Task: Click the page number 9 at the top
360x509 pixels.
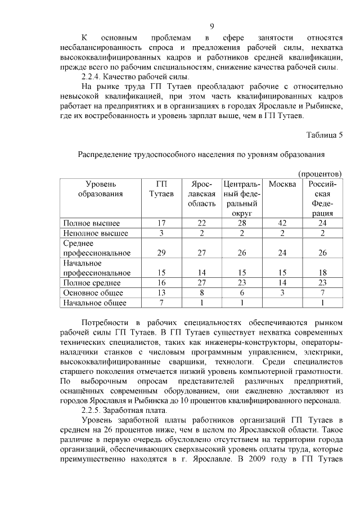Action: point(211,26)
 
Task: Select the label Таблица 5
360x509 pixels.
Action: point(324,134)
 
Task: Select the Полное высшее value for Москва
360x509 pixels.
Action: point(282,223)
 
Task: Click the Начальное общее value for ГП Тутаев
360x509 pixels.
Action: point(161,303)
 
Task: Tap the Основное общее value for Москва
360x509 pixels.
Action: point(282,293)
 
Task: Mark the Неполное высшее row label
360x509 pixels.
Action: point(96,233)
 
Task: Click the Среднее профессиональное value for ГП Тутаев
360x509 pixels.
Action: point(161,253)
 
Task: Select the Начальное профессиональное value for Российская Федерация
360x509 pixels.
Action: point(322,273)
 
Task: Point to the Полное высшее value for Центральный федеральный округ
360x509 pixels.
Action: point(242,223)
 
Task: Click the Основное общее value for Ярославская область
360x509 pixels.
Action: point(201,293)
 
